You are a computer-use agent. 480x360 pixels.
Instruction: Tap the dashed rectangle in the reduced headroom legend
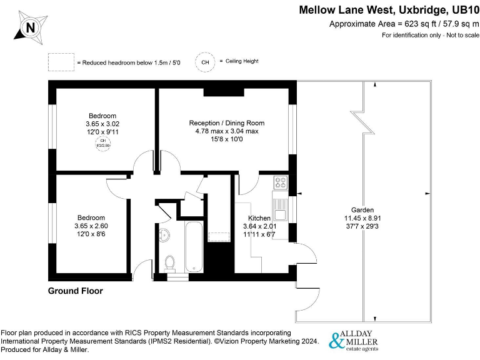click(61, 62)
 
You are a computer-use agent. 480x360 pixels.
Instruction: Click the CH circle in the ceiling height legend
click(204, 62)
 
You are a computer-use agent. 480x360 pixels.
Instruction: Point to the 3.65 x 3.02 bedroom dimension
click(102, 124)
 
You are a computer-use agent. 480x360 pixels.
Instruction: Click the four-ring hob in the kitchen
click(281, 184)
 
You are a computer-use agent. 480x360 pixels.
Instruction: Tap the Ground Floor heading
click(75, 291)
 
